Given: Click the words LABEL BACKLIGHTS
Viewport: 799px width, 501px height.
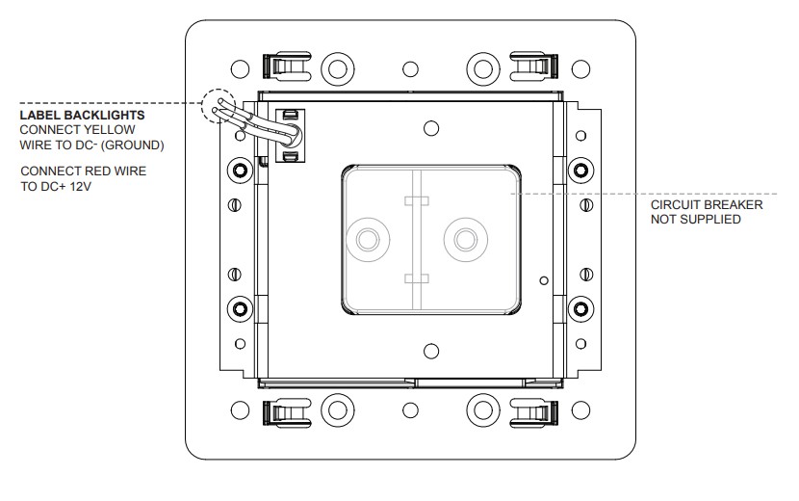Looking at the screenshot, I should [82, 116].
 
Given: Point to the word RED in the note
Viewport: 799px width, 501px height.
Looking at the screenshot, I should [92, 171].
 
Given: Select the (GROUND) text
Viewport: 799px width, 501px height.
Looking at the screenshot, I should [135, 145].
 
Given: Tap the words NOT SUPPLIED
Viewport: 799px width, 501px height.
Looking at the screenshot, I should [696, 220].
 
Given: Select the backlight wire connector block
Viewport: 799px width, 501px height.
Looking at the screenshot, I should [289, 136].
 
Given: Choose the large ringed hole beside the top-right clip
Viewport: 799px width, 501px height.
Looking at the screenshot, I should [484, 68].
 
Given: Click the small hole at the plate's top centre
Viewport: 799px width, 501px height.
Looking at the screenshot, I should [411, 68].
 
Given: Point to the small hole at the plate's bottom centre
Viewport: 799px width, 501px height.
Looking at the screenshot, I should [411, 410].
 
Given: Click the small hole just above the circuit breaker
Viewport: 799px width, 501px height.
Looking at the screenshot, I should [431, 129].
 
